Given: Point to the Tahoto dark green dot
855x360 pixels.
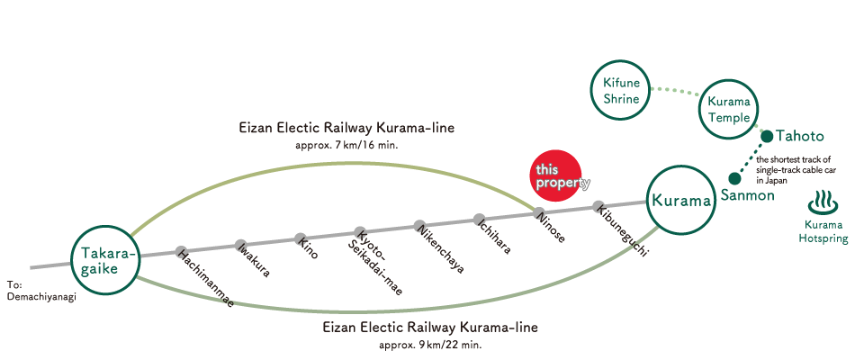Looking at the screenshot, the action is click(x=767, y=137).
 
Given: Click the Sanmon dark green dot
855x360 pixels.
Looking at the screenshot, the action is click(x=734, y=178).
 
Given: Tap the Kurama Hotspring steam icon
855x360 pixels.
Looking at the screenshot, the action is click(x=823, y=202).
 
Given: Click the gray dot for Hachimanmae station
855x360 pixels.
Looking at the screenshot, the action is click(x=181, y=252).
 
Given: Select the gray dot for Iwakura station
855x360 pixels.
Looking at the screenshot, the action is click(x=240, y=246).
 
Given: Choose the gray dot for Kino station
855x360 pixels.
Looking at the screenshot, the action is click(x=301, y=238).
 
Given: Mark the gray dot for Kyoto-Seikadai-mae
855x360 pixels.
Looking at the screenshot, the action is click(x=360, y=232).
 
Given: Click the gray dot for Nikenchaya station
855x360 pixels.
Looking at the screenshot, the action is click(x=419, y=225).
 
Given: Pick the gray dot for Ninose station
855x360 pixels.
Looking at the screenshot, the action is click(x=539, y=212).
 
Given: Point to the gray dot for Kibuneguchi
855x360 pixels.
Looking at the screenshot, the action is click(x=598, y=206).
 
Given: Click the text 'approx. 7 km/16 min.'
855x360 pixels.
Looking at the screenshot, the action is click(x=346, y=146).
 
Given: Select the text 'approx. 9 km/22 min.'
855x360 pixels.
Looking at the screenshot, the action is click(x=431, y=346).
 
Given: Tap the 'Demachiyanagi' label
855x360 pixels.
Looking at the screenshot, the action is click(x=42, y=297).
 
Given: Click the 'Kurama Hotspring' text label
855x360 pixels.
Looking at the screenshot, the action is click(x=823, y=232).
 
